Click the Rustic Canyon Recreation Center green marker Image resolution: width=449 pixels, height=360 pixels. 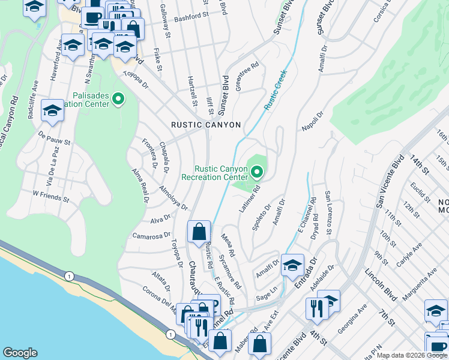pos(258,173)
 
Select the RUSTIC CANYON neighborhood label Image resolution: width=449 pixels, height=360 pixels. pos(206,125)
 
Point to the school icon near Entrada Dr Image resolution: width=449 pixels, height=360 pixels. pos(292,264)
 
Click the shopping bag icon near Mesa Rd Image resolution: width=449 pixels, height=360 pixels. pos(199,231)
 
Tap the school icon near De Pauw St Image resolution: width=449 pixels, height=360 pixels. pos(52,110)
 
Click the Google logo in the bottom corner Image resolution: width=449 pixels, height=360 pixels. pos(20,352)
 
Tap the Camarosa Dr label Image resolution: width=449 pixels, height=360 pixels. pos(148,236)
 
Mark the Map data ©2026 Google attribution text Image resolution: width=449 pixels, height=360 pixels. pos(412,355)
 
